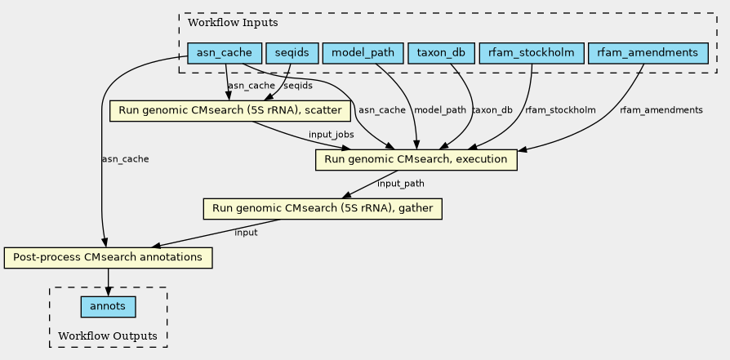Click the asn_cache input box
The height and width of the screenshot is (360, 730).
point(225,54)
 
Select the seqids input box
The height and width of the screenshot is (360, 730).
point(292,54)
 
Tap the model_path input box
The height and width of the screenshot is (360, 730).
point(363,54)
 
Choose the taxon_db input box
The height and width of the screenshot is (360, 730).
point(441,54)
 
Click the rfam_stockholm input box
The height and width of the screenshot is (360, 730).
point(532,54)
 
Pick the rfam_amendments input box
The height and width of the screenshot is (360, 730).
point(648,54)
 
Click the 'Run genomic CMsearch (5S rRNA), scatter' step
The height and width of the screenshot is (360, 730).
point(230,109)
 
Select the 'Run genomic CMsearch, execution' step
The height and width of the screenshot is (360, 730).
point(416,159)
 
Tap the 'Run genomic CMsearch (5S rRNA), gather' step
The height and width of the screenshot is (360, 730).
point(323,209)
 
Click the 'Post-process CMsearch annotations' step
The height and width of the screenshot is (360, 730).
point(108,258)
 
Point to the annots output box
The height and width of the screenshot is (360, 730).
point(108,307)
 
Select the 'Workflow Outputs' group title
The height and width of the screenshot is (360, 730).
point(108,336)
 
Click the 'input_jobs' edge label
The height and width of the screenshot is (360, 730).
point(331,134)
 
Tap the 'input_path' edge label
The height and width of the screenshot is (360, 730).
point(401,184)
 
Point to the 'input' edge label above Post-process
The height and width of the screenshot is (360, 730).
point(246,233)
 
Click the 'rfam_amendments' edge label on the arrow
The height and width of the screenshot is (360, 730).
point(661,110)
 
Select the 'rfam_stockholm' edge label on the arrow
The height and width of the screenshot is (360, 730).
point(560,110)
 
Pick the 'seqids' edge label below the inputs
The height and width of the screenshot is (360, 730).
point(298,86)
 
